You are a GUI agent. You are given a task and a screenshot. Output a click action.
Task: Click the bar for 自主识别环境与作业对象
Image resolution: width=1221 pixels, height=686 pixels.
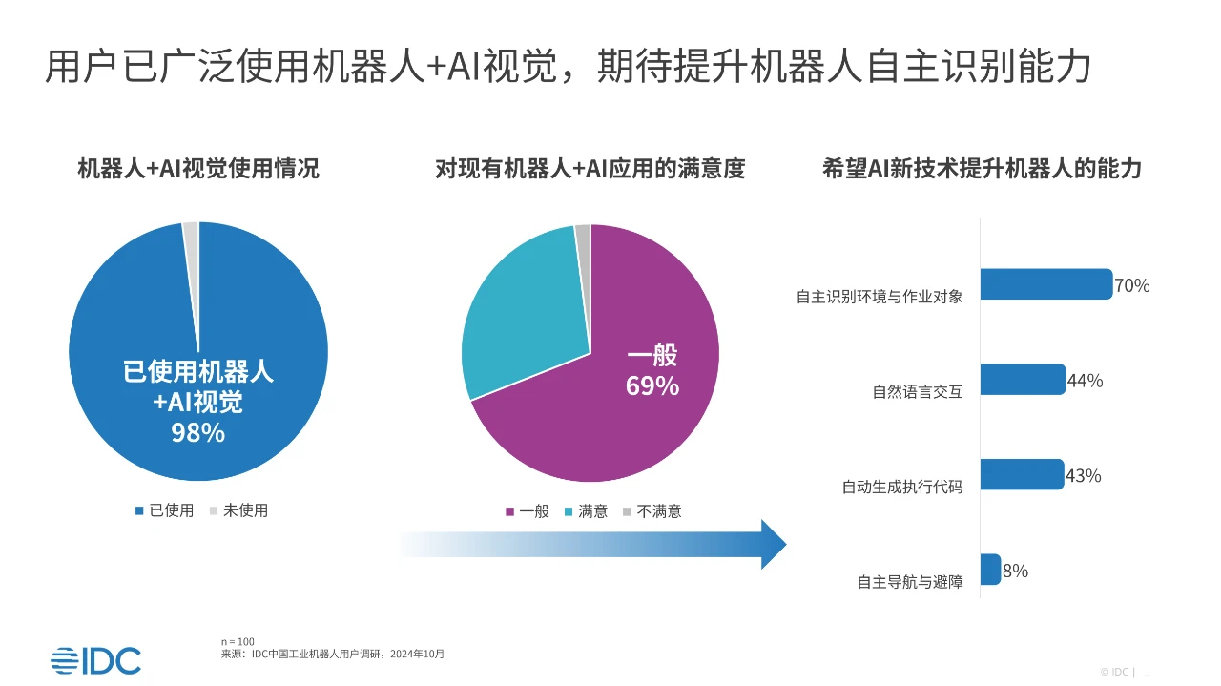point(1045,284)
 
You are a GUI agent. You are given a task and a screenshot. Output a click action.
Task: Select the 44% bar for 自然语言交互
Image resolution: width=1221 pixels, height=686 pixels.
point(1023,380)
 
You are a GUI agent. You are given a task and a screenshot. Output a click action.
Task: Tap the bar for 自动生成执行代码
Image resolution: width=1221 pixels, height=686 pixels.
point(1022,474)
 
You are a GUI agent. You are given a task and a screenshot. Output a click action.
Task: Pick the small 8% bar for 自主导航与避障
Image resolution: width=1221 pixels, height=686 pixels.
point(990,570)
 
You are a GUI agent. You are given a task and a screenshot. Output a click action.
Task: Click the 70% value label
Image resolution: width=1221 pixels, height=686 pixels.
point(1132,285)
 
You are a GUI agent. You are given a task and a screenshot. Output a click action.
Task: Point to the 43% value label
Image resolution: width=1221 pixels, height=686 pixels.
point(1084,475)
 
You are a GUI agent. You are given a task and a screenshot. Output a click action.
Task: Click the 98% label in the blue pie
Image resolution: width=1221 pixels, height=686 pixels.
point(197,432)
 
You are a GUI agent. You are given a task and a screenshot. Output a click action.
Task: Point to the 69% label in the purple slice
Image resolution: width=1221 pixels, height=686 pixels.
point(652,386)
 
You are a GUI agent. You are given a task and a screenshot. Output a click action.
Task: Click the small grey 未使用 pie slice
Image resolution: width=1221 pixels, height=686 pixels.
point(191,239)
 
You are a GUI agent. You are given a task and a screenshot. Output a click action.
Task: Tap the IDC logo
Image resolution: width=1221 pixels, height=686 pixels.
point(95,659)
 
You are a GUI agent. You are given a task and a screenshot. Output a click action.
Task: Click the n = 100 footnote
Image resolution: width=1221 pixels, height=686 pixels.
point(238,641)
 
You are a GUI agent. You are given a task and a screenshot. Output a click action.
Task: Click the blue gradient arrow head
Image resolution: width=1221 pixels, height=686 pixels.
point(773,544)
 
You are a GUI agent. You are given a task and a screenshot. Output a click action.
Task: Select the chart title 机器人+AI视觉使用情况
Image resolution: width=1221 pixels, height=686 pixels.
point(198,170)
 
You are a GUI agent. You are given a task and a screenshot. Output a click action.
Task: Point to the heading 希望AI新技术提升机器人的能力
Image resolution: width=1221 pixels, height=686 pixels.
point(982,170)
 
